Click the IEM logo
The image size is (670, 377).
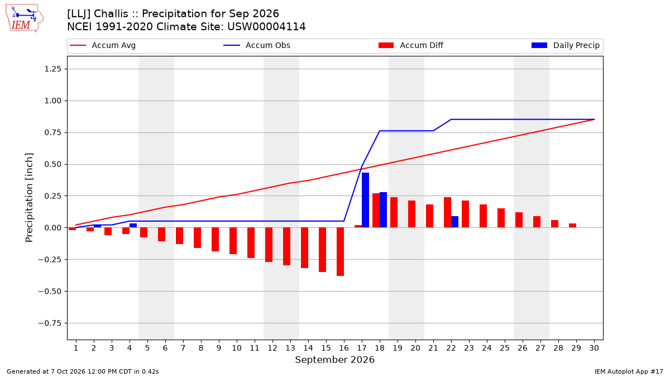[x=24, y=18]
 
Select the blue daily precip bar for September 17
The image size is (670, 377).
[x=365, y=200]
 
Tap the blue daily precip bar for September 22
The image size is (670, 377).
[x=454, y=222]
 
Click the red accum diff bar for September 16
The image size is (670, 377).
[x=341, y=252]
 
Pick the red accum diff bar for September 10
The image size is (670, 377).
[x=233, y=241]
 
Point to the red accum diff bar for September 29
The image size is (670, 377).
[x=572, y=226]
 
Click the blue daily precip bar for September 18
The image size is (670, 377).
[x=383, y=210]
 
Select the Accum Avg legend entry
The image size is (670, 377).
[x=103, y=45]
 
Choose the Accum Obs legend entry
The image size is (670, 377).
[x=257, y=45]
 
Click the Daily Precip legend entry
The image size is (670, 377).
[x=565, y=45]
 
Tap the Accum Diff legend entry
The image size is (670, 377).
[x=411, y=45]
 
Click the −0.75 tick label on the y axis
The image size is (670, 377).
[x=50, y=323]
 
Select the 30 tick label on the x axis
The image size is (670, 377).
[x=594, y=348]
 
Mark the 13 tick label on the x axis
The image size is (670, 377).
[x=290, y=348]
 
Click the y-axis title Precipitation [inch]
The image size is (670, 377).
[x=29, y=198]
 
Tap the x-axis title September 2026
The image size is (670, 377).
[x=334, y=360]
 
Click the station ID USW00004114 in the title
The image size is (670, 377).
[x=266, y=27]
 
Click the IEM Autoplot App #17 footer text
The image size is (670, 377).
[x=629, y=371]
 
